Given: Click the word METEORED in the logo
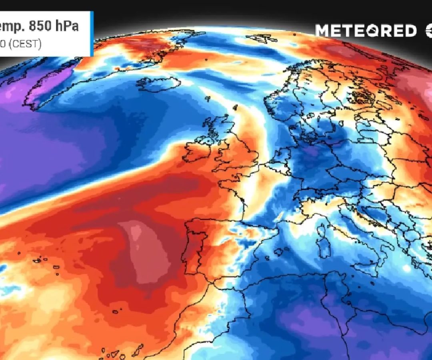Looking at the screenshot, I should (x=366, y=31).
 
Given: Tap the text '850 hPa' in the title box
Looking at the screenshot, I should (x=56, y=26).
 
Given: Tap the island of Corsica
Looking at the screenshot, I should (x=322, y=230).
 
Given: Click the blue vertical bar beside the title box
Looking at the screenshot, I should (x=92, y=34).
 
